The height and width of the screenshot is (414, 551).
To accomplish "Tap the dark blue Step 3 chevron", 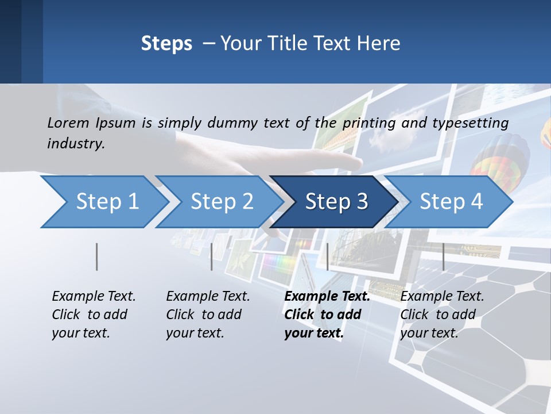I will click(336, 202).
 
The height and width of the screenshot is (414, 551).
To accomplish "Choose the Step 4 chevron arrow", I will click(451, 202).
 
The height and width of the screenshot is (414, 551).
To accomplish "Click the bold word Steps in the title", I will click(166, 44).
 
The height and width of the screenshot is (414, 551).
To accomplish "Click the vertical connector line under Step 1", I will click(97, 256).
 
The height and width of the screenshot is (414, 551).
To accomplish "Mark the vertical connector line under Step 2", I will click(212, 256).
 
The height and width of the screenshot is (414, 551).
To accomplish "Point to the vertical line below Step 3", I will click(328, 256).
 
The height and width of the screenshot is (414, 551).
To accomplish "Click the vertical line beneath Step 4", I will click(443, 256).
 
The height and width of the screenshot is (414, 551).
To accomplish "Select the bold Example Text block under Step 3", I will click(327, 315).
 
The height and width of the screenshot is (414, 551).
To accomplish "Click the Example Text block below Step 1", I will click(94, 315).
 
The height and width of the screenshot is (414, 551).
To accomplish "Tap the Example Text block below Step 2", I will click(208, 315).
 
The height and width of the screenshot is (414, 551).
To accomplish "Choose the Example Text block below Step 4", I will click(442, 315).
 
